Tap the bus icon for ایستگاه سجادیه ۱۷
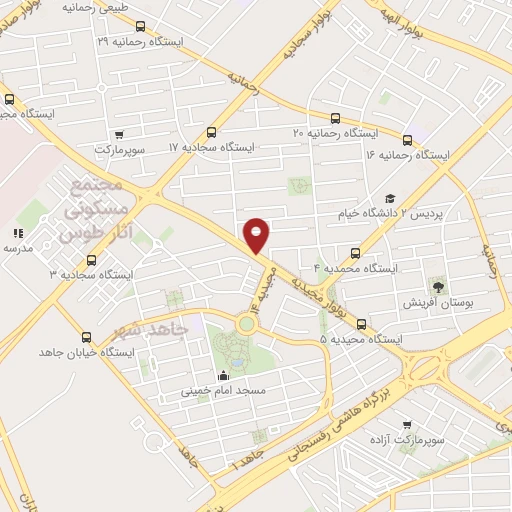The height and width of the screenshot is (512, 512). (x=211, y=132)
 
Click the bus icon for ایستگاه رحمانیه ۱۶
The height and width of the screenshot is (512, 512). (x=407, y=140)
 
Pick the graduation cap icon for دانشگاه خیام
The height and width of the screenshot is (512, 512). (x=390, y=199)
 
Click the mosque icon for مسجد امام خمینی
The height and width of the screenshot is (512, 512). (x=222, y=375)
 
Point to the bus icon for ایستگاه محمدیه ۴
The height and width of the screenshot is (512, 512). (x=354, y=254)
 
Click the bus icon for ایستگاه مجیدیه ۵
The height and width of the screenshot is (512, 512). (x=361, y=325)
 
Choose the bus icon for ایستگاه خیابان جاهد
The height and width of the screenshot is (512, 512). (x=86, y=337)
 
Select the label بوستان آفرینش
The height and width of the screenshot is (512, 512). (x=436, y=302)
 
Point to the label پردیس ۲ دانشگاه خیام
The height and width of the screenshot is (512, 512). (x=445, y=214)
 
